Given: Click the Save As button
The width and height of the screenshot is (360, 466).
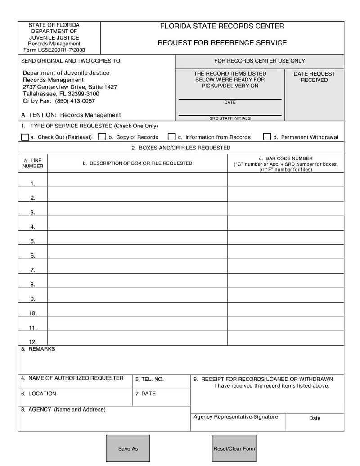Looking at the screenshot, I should [x=128, y=448].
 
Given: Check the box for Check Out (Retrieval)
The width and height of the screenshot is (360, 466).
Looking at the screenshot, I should [x=25, y=137].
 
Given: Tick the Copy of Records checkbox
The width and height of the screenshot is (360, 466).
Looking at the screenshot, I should [x=102, y=137].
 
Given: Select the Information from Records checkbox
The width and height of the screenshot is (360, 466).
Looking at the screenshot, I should [x=171, y=137].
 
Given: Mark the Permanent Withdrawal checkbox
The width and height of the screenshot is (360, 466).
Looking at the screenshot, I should [x=267, y=137].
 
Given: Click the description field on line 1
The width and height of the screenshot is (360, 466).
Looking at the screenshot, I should [x=137, y=180].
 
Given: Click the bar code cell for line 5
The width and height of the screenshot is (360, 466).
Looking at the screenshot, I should [x=285, y=237].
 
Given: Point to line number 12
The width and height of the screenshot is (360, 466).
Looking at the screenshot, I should [x=33, y=342].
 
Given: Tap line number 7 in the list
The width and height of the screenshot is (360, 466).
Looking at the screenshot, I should [x=33, y=270].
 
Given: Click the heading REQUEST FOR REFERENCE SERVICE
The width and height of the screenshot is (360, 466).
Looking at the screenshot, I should [x=222, y=43].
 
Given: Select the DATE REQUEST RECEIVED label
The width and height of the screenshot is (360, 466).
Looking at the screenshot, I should [x=314, y=77].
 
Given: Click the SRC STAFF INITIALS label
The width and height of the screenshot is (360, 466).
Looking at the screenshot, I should [x=230, y=118].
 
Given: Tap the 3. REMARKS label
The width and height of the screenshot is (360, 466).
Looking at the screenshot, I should [x=38, y=349].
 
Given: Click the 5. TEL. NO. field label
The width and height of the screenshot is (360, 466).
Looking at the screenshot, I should [x=149, y=380].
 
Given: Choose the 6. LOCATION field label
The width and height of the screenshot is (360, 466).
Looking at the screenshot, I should [x=39, y=394].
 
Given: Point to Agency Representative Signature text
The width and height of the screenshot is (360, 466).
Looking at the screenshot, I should [x=236, y=417].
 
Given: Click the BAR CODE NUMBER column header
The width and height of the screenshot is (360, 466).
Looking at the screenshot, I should [x=285, y=158].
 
